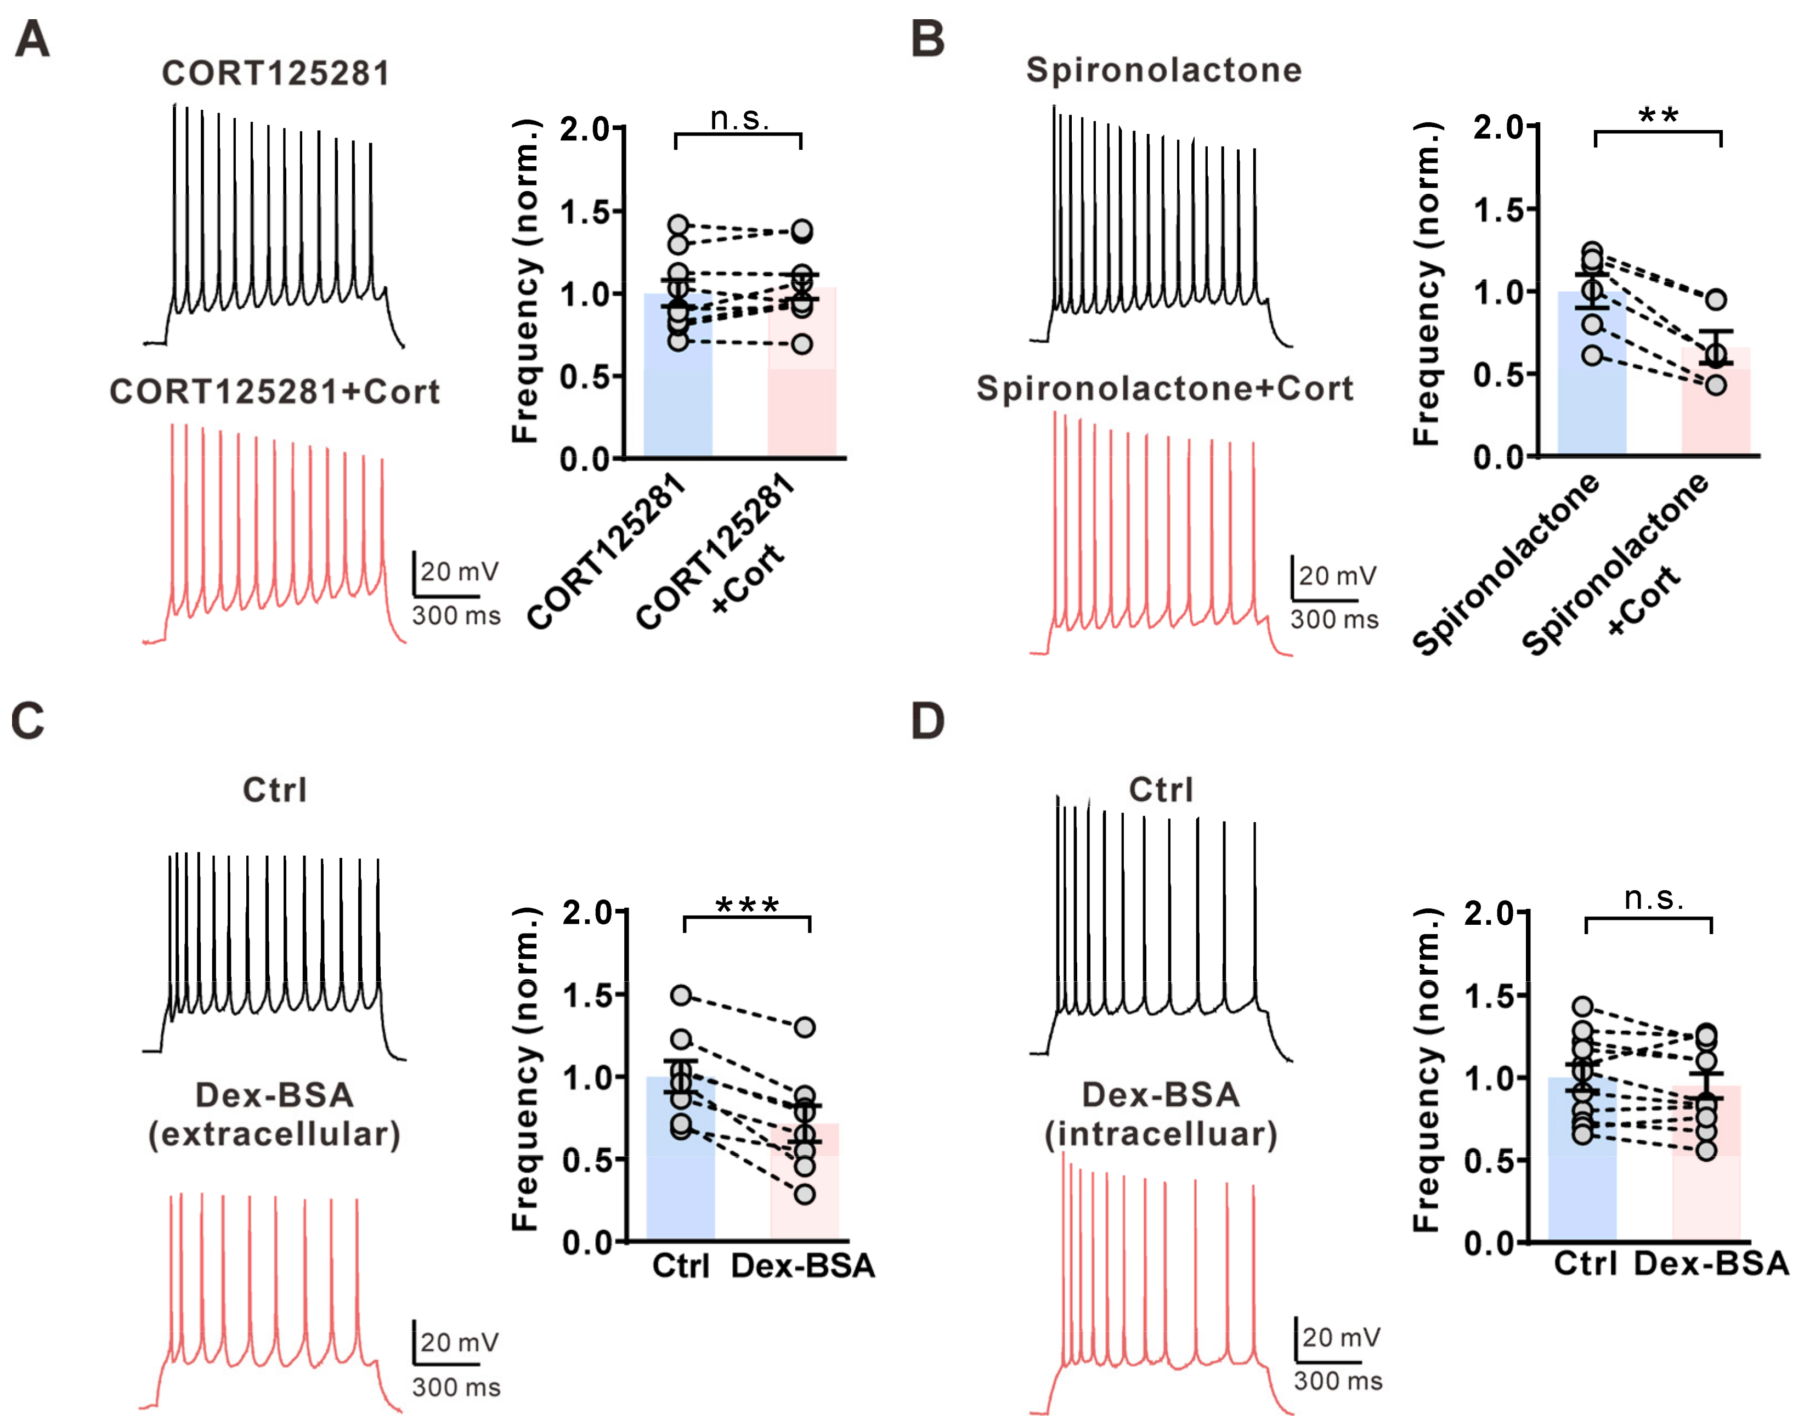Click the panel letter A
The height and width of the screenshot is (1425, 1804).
32,39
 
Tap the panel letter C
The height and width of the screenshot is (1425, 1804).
27,721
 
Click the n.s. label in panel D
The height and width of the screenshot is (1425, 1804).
1654,898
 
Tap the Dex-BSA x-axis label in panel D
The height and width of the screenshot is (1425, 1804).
1711,1264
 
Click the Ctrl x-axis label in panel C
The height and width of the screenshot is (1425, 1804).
681,1265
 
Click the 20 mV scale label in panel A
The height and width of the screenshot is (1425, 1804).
459,572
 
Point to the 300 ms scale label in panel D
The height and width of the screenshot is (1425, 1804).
1338,1381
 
